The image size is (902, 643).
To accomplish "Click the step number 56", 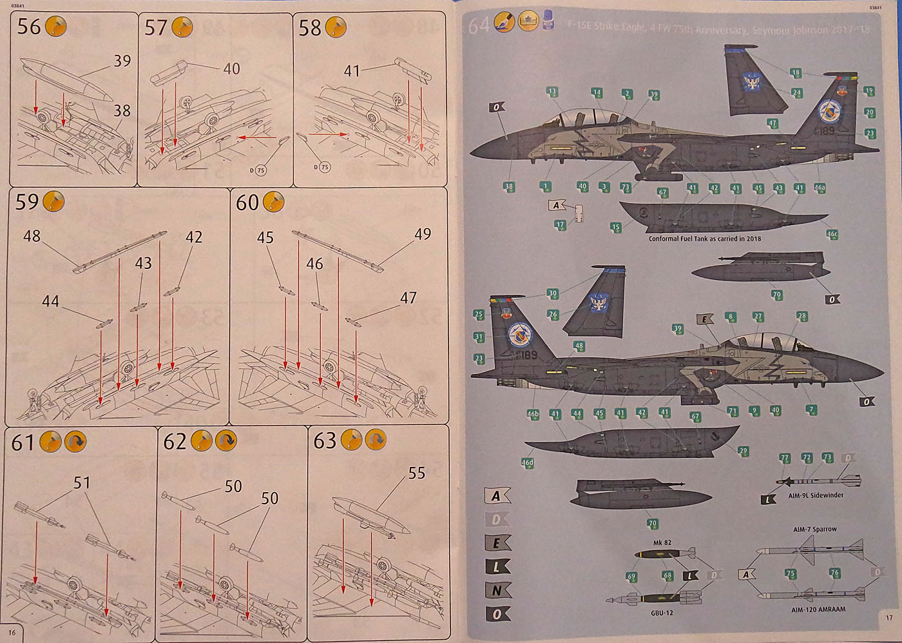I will (29, 27).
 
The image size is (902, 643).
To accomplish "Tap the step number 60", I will (247, 203).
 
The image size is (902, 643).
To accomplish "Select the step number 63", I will (325, 440).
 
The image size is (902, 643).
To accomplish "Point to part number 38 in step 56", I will (122, 111).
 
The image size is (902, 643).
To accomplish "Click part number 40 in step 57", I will (231, 68).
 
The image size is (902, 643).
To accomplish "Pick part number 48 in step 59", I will (32, 236).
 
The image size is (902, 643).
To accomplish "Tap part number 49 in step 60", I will (423, 234).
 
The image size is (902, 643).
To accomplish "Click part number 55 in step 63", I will (417, 473).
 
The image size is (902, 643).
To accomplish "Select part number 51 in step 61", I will (82, 482).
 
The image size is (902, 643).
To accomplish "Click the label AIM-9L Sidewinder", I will (816, 495).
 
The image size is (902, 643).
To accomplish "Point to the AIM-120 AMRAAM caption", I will (818, 609).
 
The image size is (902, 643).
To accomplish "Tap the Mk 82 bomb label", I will (662, 542).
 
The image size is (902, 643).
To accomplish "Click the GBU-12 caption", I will (662, 612).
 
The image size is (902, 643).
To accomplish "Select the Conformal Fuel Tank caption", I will (704, 239).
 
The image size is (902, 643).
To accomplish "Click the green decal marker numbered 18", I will (796, 73).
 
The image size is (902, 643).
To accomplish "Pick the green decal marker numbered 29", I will (743, 451).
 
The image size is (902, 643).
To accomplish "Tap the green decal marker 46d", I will (527, 462).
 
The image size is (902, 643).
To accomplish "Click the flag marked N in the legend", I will (497, 590).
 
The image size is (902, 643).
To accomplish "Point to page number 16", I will (12, 633).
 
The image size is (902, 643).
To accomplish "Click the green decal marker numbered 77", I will (784, 458).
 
